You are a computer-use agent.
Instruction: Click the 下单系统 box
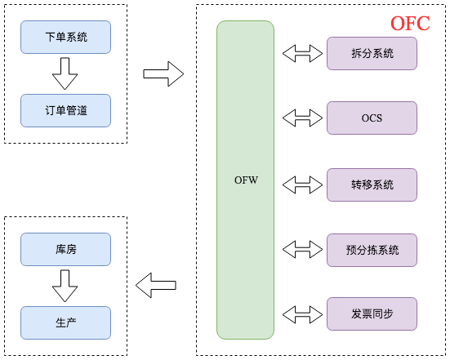point(65,37)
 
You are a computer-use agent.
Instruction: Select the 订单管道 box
point(65,110)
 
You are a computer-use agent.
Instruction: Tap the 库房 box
point(65,250)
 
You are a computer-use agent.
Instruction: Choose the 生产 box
point(65,322)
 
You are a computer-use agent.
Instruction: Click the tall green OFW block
point(245,180)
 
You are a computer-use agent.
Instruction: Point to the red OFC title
point(409,23)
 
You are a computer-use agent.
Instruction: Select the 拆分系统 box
point(372,53)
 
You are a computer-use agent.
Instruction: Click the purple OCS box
point(372,118)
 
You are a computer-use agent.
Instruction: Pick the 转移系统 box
point(372,184)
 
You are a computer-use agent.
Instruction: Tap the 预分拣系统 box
point(372,250)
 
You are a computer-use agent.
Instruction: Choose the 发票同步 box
point(372,313)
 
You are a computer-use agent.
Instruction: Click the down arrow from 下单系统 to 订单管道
point(65,75)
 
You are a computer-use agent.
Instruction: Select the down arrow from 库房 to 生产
point(65,286)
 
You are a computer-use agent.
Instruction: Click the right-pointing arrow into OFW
point(163,74)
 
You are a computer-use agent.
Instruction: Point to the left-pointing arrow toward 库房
point(156,285)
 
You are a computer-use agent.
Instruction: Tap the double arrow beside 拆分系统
point(302,54)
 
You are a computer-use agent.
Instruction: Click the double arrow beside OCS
point(302,118)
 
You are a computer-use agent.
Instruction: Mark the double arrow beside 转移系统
point(302,184)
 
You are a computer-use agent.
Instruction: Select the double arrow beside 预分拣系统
point(302,249)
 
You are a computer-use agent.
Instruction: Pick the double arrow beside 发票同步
point(302,313)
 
